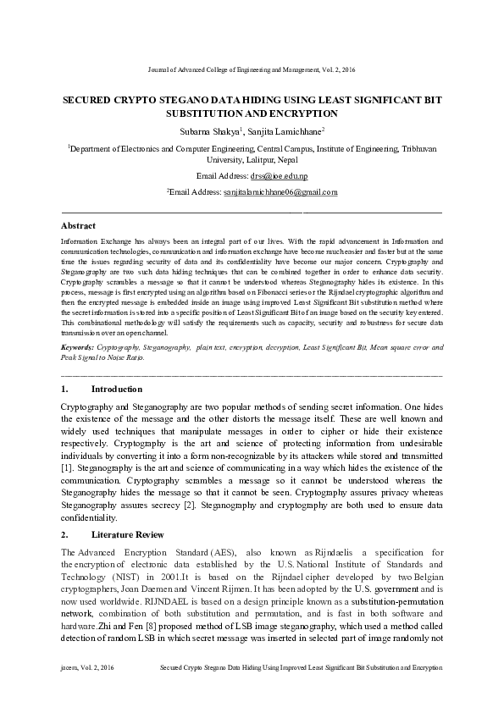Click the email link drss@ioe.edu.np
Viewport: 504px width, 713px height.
[279, 176]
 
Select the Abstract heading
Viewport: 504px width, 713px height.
[79, 226]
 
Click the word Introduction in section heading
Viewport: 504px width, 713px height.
[117, 389]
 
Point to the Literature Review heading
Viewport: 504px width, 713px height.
[128, 535]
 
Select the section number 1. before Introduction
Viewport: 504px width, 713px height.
[65, 389]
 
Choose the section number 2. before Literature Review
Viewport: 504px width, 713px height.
[65, 535]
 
